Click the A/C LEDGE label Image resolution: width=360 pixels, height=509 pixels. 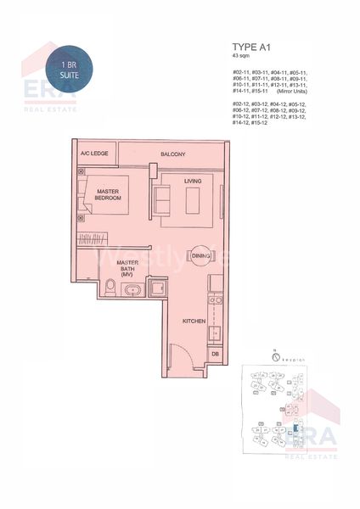91,154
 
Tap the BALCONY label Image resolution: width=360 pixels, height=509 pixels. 172,154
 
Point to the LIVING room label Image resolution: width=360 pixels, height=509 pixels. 193,179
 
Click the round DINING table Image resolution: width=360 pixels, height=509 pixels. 200,255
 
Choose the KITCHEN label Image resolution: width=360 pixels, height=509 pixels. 194,322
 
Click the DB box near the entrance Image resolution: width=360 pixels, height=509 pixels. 216,353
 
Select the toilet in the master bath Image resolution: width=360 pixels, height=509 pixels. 111,291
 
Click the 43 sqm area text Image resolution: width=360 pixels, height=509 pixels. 242,59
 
